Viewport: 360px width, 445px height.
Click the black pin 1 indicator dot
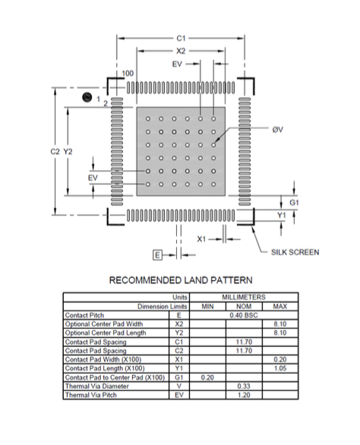pos(87,97)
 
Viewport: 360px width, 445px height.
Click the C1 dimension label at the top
pos(181,38)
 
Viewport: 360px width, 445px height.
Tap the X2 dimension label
pos(181,51)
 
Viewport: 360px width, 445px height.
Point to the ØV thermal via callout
pos(278,129)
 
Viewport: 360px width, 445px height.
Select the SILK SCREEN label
pos(295,252)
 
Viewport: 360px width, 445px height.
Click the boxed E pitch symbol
pos(157,255)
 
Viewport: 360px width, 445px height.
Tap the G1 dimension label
pos(294,203)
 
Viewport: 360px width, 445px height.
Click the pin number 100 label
pos(128,73)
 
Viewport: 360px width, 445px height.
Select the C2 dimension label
pos(55,152)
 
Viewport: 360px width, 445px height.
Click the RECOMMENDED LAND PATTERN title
pos(181,280)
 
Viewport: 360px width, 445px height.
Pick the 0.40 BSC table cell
pos(244,315)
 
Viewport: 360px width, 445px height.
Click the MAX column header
pos(280,307)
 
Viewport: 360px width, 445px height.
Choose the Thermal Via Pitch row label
pos(91,395)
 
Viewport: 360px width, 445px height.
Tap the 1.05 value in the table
pos(280,368)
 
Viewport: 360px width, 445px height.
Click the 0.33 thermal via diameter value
pos(244,387)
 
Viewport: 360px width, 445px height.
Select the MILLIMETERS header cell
pos(244,298)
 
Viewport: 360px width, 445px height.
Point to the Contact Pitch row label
pos(84,315)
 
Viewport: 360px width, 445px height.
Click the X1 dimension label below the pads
pos(201,239)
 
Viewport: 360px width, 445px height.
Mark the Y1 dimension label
pos(281,216)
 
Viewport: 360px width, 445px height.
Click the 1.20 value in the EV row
pos(244,395)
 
